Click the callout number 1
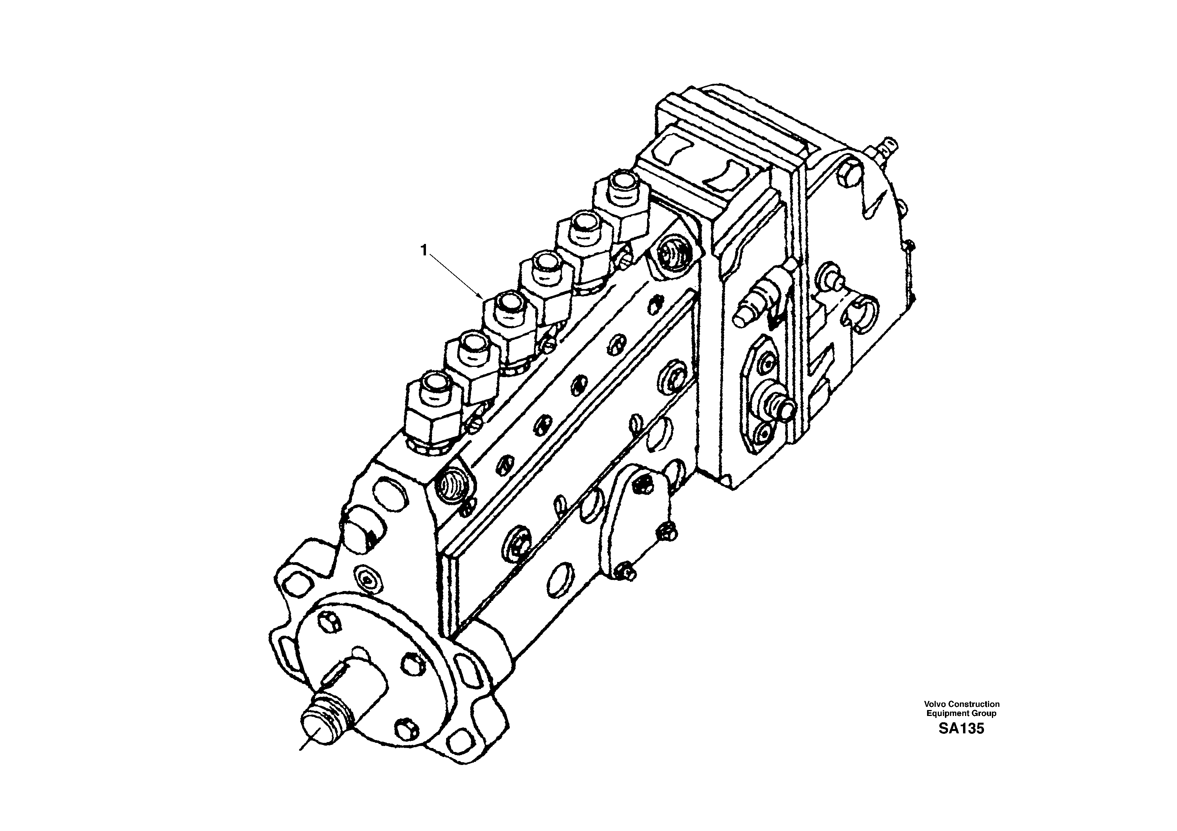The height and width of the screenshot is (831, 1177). [x=424, y=249]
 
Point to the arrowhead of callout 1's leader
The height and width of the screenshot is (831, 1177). [x=481, y=297]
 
